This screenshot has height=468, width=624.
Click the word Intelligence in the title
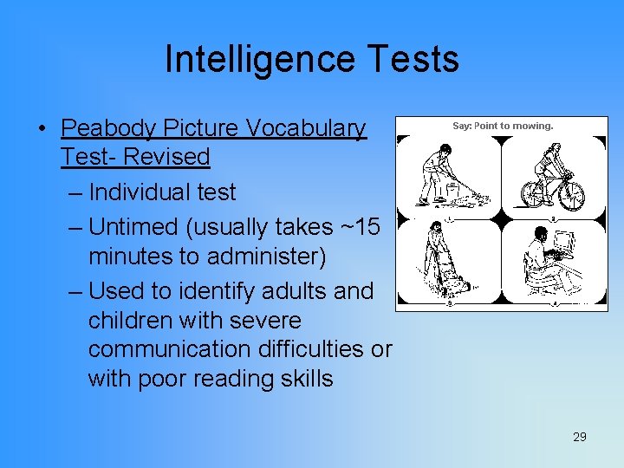[x=257, y=59]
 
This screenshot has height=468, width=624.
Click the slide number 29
[x=580, y=437]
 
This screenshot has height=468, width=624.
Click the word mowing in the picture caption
[x=532, y=126]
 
